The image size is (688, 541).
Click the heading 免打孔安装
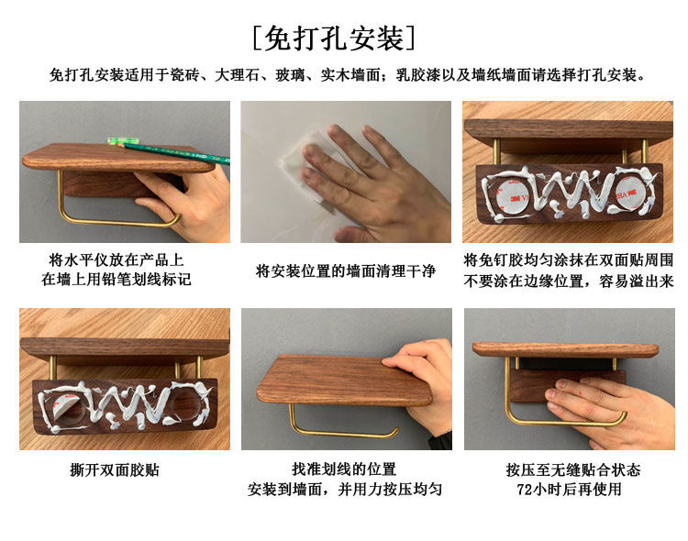pyautogui.click(x=334, y=39)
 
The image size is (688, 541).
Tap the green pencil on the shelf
pyautogui.click(x=175, y=152)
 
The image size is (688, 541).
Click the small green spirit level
pyautogui.click(x=123, y=141)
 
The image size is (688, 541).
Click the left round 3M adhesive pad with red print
pyautogui.click(x=515, y=194)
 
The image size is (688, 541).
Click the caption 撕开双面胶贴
pyautogui.click(x=115, y=469)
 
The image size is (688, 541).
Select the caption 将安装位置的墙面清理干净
pyautogui.click(x=346, y=270)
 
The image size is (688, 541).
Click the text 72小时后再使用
pyautogui.click(x=569, y=489)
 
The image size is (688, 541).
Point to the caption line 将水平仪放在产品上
pyautogui.click(x=117, y=259)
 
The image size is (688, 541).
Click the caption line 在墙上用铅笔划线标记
pyautogui.click(x=117, y=279)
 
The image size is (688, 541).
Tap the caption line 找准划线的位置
pyautogui.click(x=344, y=469)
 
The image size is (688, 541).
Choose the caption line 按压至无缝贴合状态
pyautogui.click(x=573, y=469)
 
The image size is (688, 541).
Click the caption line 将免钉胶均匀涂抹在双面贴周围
pyautogui.click(x=568, y=259)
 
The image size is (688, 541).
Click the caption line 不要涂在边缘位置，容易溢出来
pyautogui.click(x=568, y=280)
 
